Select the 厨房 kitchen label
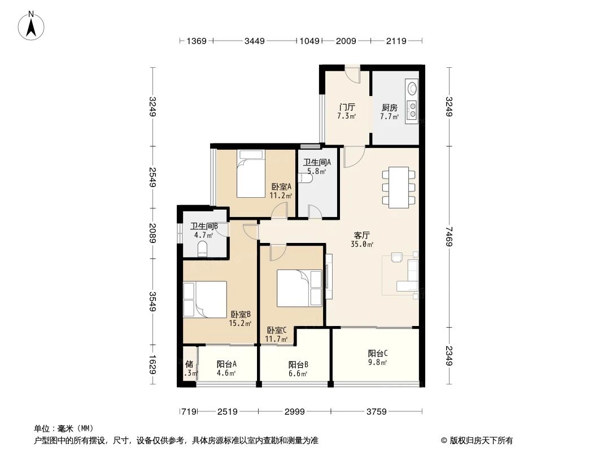(389, 107)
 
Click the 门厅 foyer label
(347, 107)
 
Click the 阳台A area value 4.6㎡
(226, 373)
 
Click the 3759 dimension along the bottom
(376, 412)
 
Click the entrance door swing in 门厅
(352, 75)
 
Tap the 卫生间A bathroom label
(317, 162)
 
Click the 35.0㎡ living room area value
(362, 245)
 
